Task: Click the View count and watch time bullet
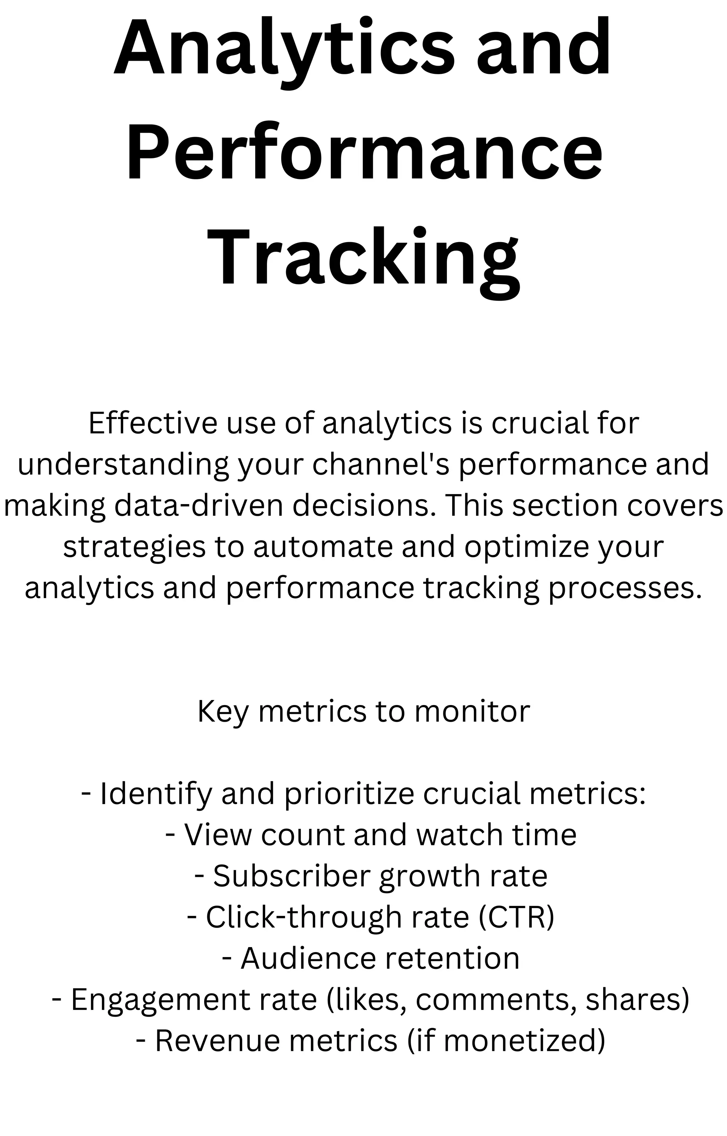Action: [x=371, y=835]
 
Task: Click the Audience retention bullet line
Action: [x=371, y=958]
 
